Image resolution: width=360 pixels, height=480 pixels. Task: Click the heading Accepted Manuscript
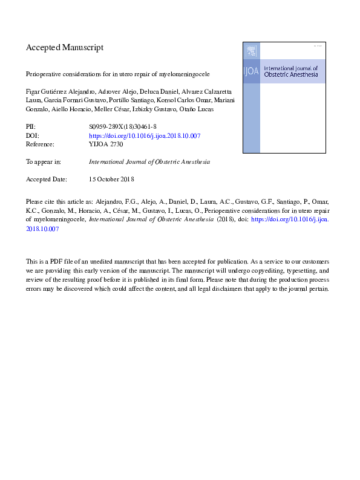tap(65, 47)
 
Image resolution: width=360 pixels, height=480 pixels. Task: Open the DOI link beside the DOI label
tap(145, 136)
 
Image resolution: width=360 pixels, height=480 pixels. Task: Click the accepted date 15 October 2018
tap(111, 180)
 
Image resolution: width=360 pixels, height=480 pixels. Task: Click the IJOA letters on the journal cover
tap(251, 71)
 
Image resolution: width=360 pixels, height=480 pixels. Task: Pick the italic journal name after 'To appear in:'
tap(149, 162)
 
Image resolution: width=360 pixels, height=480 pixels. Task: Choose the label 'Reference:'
tap(40, 144)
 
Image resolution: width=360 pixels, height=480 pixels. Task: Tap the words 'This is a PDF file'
tap(53, 262)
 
